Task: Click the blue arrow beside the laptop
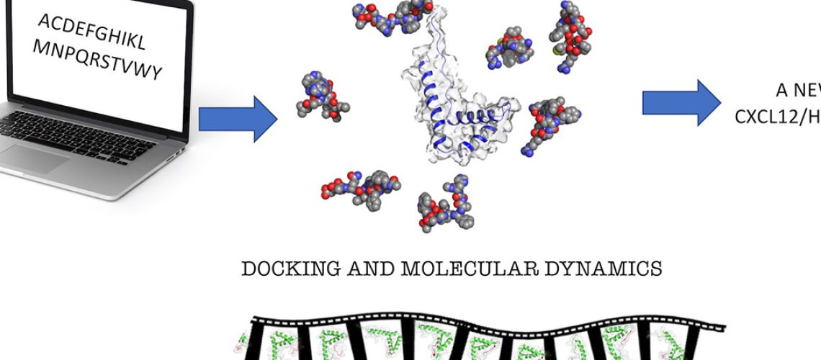pyautogui.click(x=237, y=117)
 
